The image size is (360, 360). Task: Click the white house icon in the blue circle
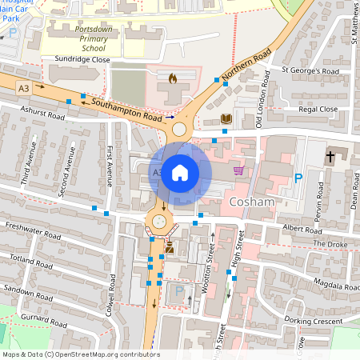[x=180, y=173]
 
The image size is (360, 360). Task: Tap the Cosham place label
[x=252, y=203]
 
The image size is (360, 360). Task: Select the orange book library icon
[x=226, y=119]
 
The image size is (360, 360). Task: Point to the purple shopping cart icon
[x=238, y=170]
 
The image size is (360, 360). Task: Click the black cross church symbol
[x=330, y=156]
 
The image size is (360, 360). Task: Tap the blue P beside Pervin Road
[x=298, y=178]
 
